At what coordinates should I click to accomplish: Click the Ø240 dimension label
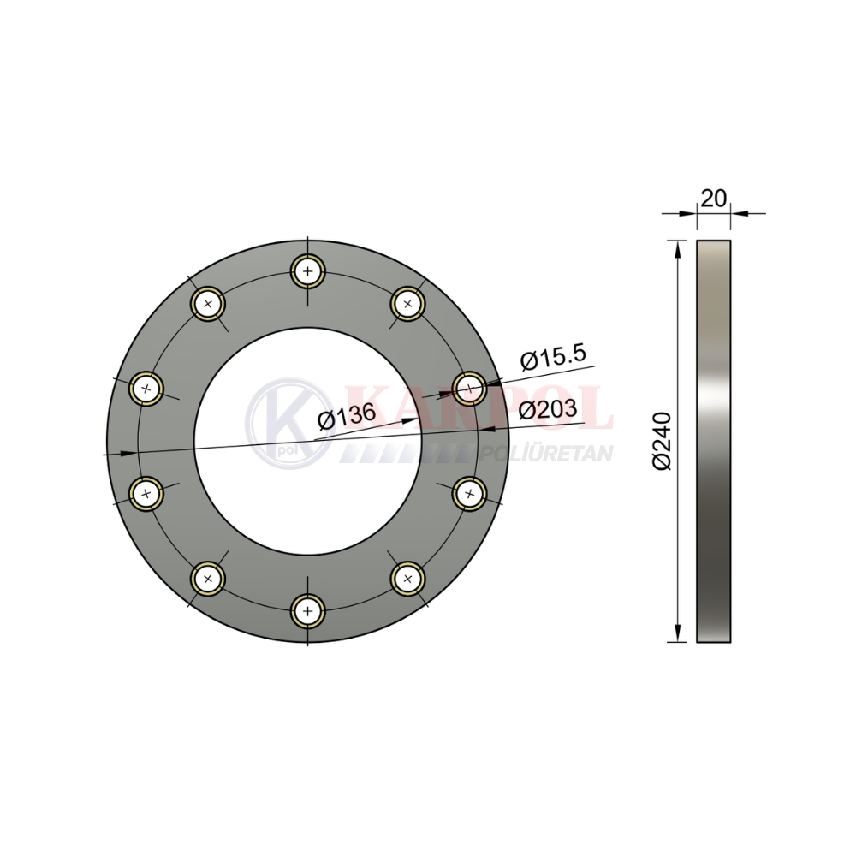click(x=661, y=441)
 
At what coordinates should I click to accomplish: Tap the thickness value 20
click(x=714, y=199)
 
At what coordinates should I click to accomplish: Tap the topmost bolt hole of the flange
click(x=308, y=271)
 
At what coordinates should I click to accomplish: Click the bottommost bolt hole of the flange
click(x=308, y=611)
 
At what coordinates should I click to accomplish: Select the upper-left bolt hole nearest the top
click(x=207, y=304)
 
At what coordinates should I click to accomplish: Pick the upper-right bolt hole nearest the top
click(x=408, y=304)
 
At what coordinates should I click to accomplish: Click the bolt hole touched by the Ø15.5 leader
click(x=469, y=389)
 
